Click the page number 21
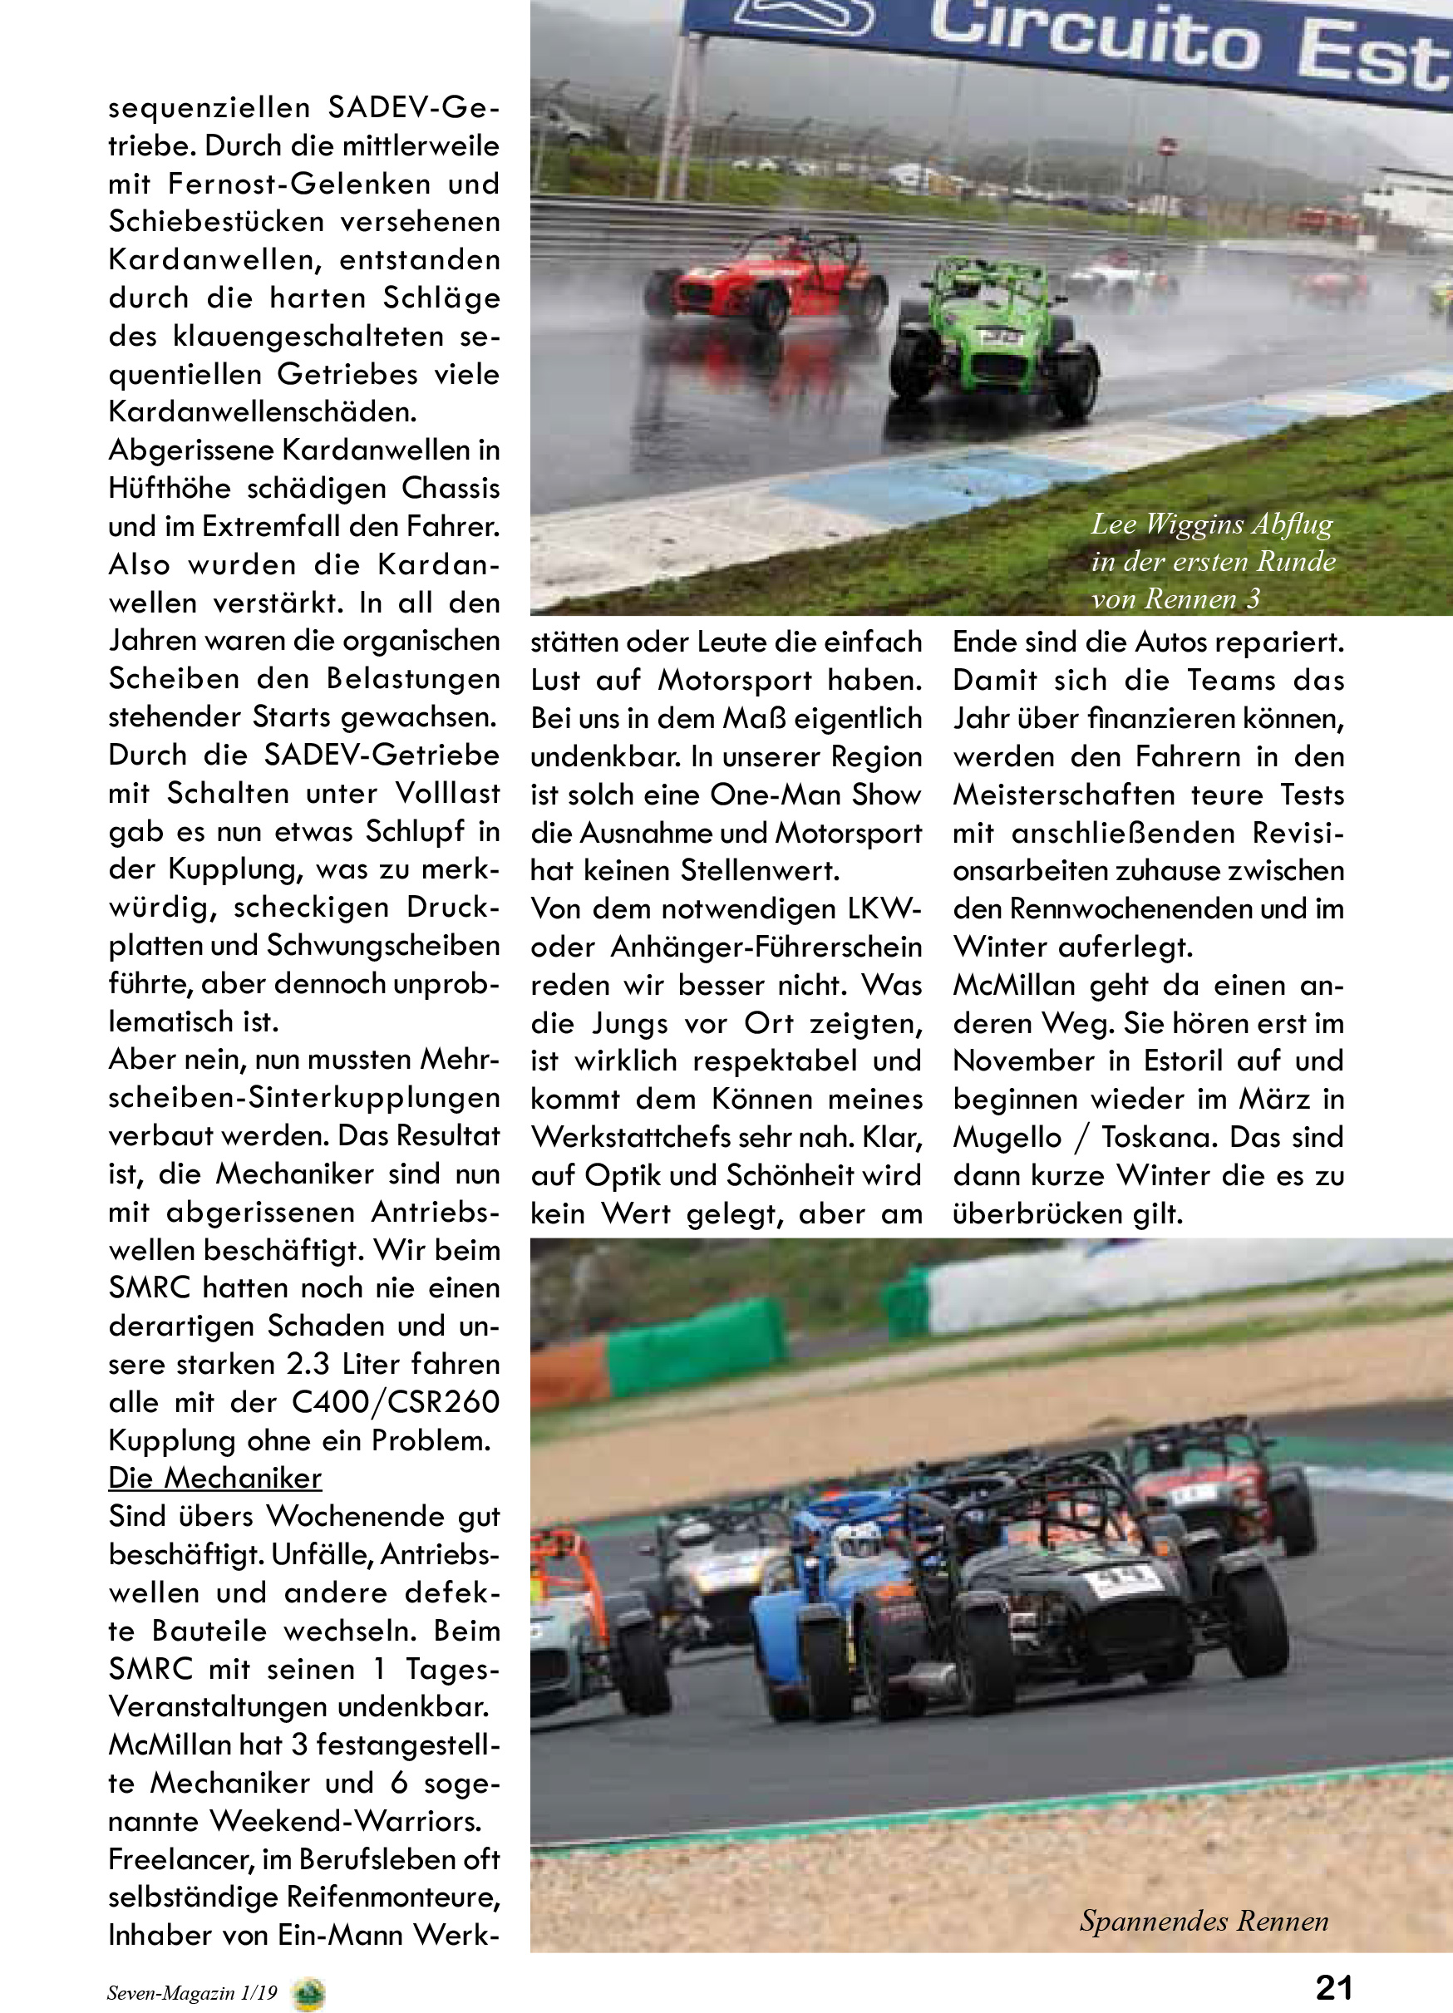(1333, 1986)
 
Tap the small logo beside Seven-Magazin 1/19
(308, 1992)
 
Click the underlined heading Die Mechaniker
(214, 1478)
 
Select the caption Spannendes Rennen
(1204, 1921)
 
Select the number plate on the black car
(1124, 1581)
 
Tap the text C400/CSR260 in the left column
(395, 1402)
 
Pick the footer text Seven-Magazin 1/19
(192, 1992)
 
